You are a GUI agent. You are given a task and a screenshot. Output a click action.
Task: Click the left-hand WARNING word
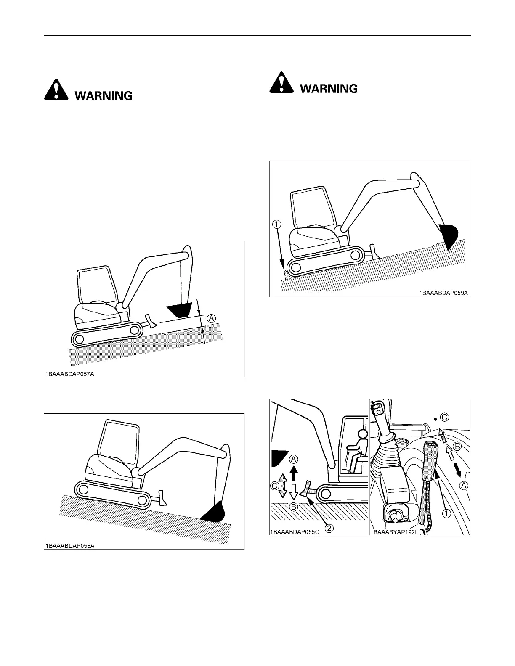pos(104,96)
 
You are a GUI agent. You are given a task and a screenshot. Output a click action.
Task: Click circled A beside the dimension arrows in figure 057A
pos(211,319)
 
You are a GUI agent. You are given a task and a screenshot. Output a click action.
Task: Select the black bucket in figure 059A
pos(449,235)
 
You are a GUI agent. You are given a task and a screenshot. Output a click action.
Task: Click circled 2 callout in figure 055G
pos(331,529)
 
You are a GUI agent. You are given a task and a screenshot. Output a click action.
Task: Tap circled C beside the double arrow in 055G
pos(275,486)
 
